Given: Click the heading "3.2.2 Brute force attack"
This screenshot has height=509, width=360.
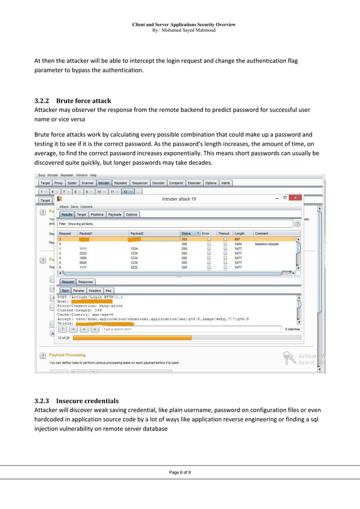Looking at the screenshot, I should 73,101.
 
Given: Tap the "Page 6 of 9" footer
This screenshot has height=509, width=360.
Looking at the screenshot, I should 180,472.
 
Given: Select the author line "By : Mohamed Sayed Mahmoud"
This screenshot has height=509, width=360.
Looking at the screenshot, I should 183,30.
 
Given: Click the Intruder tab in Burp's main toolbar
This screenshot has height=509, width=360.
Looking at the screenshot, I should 104,183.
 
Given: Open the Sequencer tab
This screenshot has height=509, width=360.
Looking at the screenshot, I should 139,183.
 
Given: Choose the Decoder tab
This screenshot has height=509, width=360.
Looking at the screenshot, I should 159,183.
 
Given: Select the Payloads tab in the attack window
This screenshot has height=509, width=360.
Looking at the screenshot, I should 115,214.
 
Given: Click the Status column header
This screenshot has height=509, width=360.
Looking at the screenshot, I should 186,233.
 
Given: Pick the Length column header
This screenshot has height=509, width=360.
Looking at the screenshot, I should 240,233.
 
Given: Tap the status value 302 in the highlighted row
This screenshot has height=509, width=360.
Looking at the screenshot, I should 184,239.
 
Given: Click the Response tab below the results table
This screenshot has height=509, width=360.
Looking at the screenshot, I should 86,282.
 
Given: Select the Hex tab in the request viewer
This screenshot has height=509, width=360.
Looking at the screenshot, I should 108,291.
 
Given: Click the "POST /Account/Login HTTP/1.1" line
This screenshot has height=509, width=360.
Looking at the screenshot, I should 90,297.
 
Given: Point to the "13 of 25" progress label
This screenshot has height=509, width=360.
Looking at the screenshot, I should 64,337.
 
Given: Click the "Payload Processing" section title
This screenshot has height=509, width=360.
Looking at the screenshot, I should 68,355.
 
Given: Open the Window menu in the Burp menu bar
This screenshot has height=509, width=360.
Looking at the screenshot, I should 82,175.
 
